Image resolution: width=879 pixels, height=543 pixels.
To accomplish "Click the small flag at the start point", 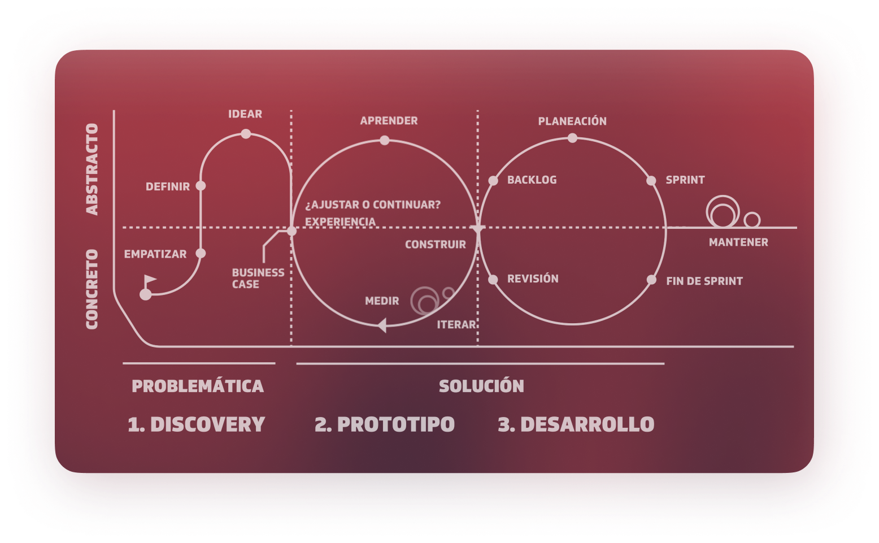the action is click(x=149, y=280).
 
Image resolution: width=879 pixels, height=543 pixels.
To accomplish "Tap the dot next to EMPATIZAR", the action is click(x=201, y=253).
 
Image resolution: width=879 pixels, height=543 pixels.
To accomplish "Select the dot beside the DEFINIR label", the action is click(x=201, y=186).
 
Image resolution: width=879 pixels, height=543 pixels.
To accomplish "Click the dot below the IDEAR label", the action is click(x=246, y=134).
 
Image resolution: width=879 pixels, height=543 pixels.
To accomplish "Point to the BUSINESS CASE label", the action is click(x=258, y=278).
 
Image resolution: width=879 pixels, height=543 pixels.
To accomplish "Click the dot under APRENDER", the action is click(x=385, y=140).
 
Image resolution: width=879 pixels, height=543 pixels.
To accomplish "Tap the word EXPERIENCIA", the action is click(x=340, y=221).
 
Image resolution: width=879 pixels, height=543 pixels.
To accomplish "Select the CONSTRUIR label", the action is click(x=435, y=245).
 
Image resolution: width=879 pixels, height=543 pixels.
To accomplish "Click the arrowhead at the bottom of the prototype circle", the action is click(x=382, y=325).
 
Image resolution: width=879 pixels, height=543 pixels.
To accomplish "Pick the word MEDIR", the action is click(x=382, y=301).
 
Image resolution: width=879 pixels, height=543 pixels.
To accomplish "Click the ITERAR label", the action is click(x=456, y=325).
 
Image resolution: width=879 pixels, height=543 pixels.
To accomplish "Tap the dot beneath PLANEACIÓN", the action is click(x=572, y=138).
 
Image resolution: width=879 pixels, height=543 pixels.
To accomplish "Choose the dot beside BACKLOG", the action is click(x=493, y=181).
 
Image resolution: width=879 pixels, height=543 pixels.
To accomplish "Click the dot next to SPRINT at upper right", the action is click(x=651, y=181).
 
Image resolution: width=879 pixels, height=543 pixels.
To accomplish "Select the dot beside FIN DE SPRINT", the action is click(x=651, y=280).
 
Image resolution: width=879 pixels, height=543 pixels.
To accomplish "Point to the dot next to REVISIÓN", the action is click(x=493, y=280).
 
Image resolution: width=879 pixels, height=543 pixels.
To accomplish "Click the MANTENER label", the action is click(x=738, y=242).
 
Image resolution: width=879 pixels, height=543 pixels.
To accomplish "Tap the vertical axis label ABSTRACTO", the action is click(x=92, y=169).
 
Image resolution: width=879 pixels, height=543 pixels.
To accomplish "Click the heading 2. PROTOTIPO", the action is click(x=385, y=424).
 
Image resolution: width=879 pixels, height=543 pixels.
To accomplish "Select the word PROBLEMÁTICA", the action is click(x=198, y=386).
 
